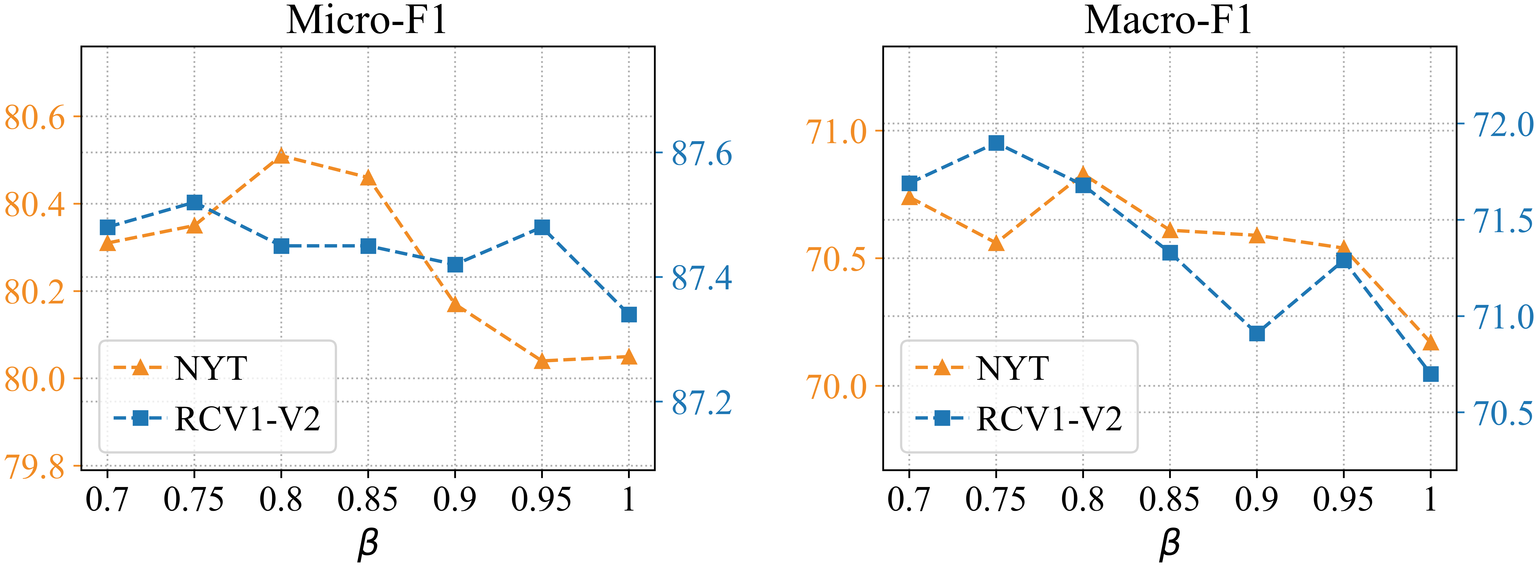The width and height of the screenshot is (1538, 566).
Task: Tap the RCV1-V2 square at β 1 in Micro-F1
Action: (629, 314)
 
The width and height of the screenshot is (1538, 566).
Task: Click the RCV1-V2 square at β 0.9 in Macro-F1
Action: (1257, 333)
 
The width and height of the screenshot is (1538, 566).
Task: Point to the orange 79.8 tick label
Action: (35, 468)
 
